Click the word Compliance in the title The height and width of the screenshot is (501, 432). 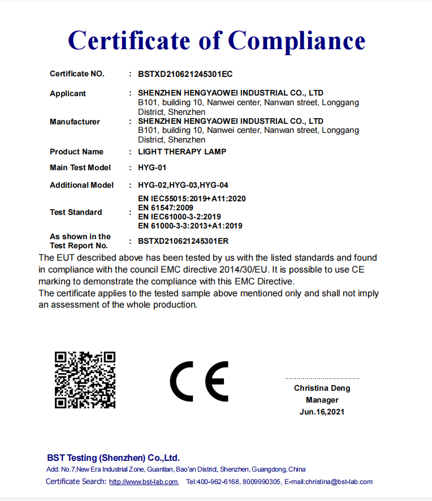297,40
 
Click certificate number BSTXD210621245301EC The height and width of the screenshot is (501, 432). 185,74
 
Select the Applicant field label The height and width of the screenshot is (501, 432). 68,93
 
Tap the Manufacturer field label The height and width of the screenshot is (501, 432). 75,122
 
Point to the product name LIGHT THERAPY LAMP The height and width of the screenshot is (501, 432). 182,152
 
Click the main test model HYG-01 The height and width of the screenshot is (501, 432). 152,167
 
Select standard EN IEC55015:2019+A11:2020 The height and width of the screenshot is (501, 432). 192,198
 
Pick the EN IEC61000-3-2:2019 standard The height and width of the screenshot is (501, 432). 179,217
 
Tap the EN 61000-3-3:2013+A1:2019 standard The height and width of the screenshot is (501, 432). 190,226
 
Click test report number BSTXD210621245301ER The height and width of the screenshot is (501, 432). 183,241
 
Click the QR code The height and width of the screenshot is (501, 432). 85,379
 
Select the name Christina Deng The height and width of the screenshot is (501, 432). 322,388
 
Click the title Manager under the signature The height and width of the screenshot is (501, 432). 322,400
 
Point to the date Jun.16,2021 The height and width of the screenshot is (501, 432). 322,412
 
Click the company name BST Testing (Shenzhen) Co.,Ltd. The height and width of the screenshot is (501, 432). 113,457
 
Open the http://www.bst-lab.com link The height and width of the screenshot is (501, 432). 144,482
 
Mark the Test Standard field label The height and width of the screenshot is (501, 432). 76,212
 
